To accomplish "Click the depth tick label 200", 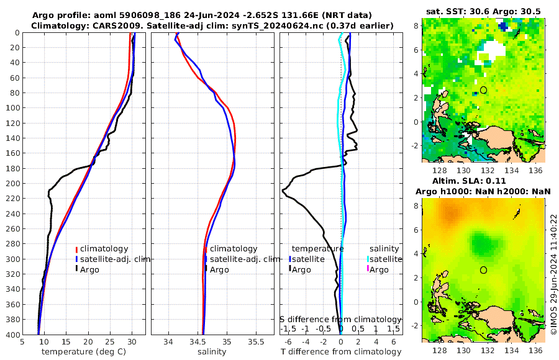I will (12, 183).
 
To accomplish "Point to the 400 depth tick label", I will (12, 335).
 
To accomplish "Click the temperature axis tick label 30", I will (132, 341).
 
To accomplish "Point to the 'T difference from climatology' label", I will (340, 352).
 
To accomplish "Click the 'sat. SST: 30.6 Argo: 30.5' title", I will (484, 11).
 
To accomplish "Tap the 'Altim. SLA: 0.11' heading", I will (484, 179).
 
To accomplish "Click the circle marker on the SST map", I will (484, 90).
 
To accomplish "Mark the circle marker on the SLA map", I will (484, 270).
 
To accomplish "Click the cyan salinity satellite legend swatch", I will (367, 259).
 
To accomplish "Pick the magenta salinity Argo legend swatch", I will (367, 269).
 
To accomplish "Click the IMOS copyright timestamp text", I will (553, 273).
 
